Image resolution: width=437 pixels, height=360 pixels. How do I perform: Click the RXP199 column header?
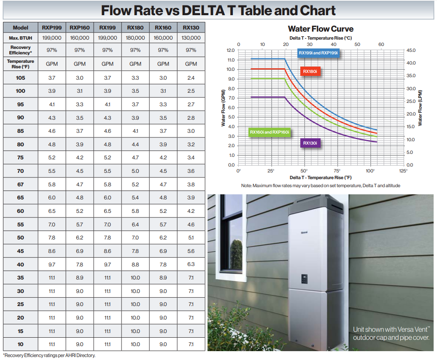[x=51, y=28]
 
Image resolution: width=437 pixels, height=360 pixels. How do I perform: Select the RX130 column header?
[x=191, y=28]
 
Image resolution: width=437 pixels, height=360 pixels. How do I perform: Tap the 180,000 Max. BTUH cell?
[x=135, y=38]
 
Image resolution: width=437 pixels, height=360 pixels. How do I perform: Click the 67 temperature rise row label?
[x=20, y=184]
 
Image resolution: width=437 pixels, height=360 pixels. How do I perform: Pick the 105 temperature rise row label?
[x=20, y=78]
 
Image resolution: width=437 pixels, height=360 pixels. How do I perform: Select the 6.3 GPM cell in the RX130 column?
[x=191, y=264]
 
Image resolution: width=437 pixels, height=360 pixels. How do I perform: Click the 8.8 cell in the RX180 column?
[x=135, y=264]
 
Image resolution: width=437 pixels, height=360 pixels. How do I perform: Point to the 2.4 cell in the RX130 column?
[x=191, y=78]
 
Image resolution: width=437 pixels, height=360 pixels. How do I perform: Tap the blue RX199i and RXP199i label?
[x=318, y=53]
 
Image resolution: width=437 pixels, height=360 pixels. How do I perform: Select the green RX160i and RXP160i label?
[x=270, y=132]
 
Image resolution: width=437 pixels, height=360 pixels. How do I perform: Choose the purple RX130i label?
[x=310, y=143]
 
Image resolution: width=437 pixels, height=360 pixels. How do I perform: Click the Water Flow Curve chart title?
[x=321, y=29]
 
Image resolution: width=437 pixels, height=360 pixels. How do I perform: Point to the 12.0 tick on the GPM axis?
[x=230, y=50]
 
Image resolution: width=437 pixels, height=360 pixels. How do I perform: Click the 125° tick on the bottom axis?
[x=403, y=171]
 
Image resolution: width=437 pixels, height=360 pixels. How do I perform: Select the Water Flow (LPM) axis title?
[x=420, y=107]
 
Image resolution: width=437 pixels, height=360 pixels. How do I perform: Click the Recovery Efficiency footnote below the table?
[x=49, y=355]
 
